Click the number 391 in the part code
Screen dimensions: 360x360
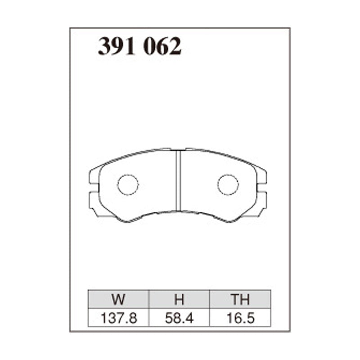pos(116,46)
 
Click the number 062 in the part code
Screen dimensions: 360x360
pos(162,46)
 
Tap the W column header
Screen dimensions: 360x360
pos(118,299)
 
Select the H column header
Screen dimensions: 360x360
pos(179,299)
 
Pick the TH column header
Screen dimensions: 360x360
pos(240,299)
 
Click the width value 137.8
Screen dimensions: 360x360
pos(119,318)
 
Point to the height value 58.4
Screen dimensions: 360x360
pos(179,318)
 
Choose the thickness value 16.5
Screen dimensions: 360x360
pos(241,318)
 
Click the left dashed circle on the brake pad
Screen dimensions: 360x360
pos(128,174)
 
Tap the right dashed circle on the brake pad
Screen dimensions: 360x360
pos(228,174)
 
